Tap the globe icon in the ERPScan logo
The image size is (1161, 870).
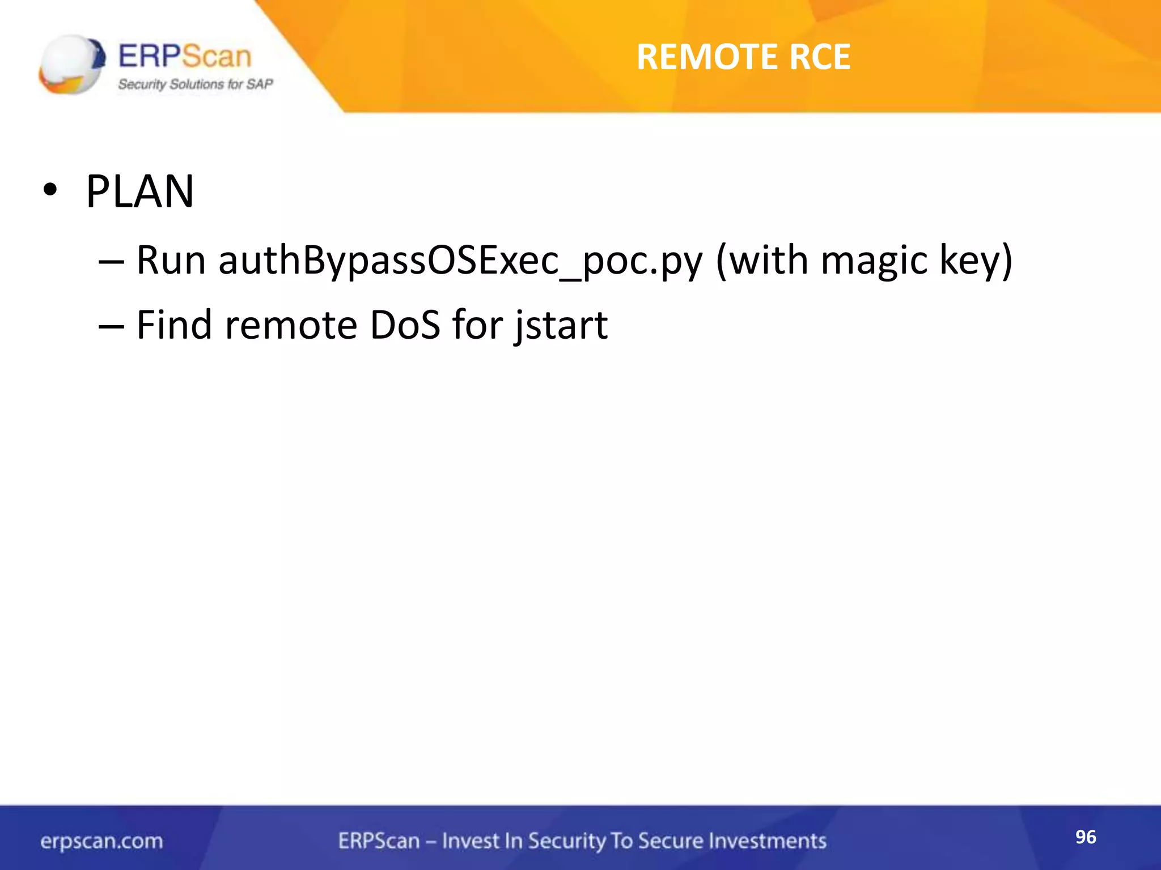tap(71, 65)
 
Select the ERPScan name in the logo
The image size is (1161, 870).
tap(184, 57)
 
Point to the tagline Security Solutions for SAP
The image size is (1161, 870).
tap(195, 84)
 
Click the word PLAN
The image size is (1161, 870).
tap(139, 191)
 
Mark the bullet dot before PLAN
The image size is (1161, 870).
tap(50, 191)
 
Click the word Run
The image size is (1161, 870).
tap(171, 261)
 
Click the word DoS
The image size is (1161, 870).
tap(405, 325)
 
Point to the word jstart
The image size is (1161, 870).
tap(561, 326)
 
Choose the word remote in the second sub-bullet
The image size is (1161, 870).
tap(291, 325)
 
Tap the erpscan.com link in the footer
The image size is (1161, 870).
tap(101, 841)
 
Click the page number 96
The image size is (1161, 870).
tap(1086, 837)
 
